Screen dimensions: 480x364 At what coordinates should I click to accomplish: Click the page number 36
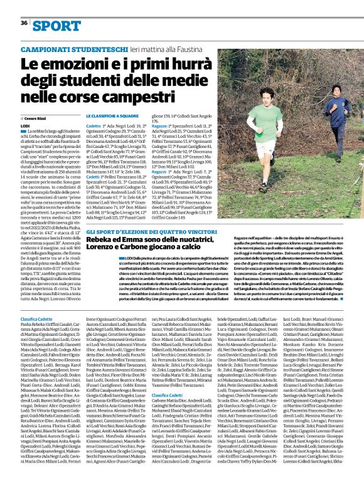[24, 23]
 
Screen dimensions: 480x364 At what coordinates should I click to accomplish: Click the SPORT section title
[57, 26]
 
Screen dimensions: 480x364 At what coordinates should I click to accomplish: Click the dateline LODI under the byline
[25, 126]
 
